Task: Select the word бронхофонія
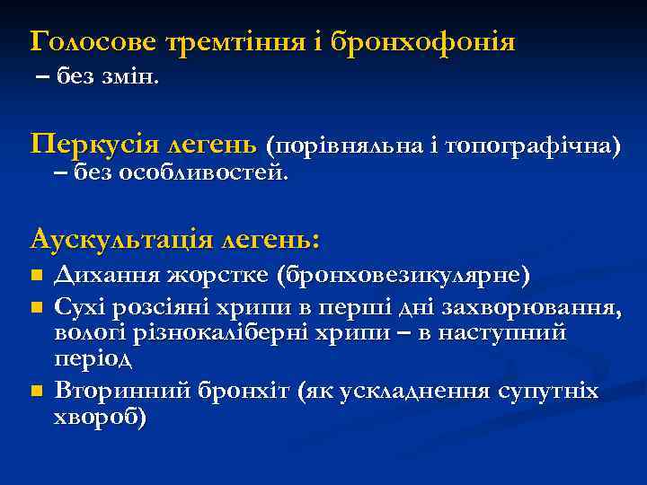pyautogui.click(x=423, y=42)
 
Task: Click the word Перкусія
pyautogui.click(x=93, y=144)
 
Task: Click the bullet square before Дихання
pyautogui.click(x=35, y=274)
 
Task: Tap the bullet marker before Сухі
pyautogui.click(x=35, y=308)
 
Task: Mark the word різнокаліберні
pyautogui.click(x=258, y=334)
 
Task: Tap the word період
pyautogui.click(x=93, y=360)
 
